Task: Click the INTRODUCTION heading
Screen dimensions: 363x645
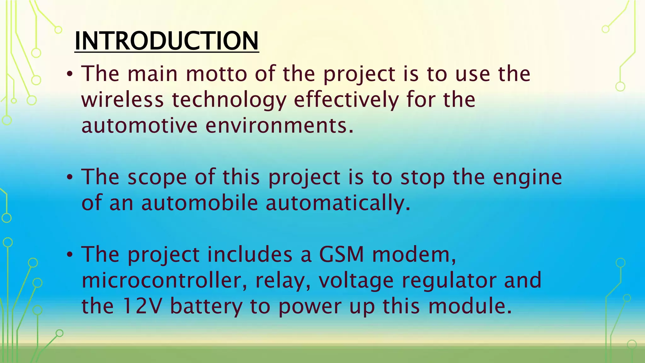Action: tap(167, 41)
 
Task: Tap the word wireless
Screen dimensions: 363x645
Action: tap(123, 100)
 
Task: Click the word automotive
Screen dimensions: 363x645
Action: tap(139, 126)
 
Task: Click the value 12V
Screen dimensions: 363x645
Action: tap(142, 306)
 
